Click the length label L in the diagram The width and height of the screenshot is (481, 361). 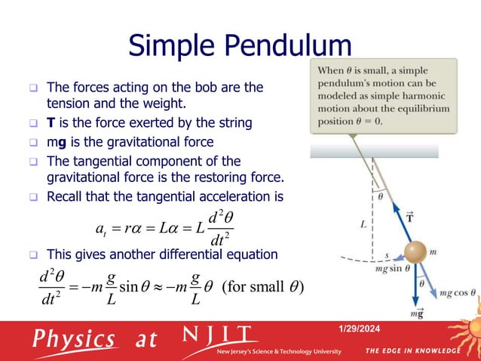pyautogui.click(x=363, y=224)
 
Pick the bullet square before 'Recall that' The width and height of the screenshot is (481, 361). pyautogui.click(x=34, y=198)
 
